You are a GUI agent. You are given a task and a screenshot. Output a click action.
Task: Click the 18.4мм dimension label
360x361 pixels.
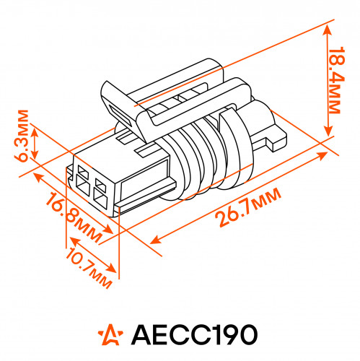click(335, 80)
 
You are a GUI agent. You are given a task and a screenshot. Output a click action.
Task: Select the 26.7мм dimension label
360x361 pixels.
click(248, 207)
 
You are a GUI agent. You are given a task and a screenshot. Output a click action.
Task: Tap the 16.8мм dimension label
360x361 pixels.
click(74, 217)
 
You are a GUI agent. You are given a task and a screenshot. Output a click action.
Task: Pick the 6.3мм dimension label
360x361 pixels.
click(22, 136)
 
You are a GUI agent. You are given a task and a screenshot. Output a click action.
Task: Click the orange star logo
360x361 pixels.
click(110, 334)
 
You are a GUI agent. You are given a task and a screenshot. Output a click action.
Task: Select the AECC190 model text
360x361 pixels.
click(194, 335)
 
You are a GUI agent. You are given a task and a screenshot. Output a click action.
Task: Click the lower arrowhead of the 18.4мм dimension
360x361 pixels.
click(328, 131)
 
